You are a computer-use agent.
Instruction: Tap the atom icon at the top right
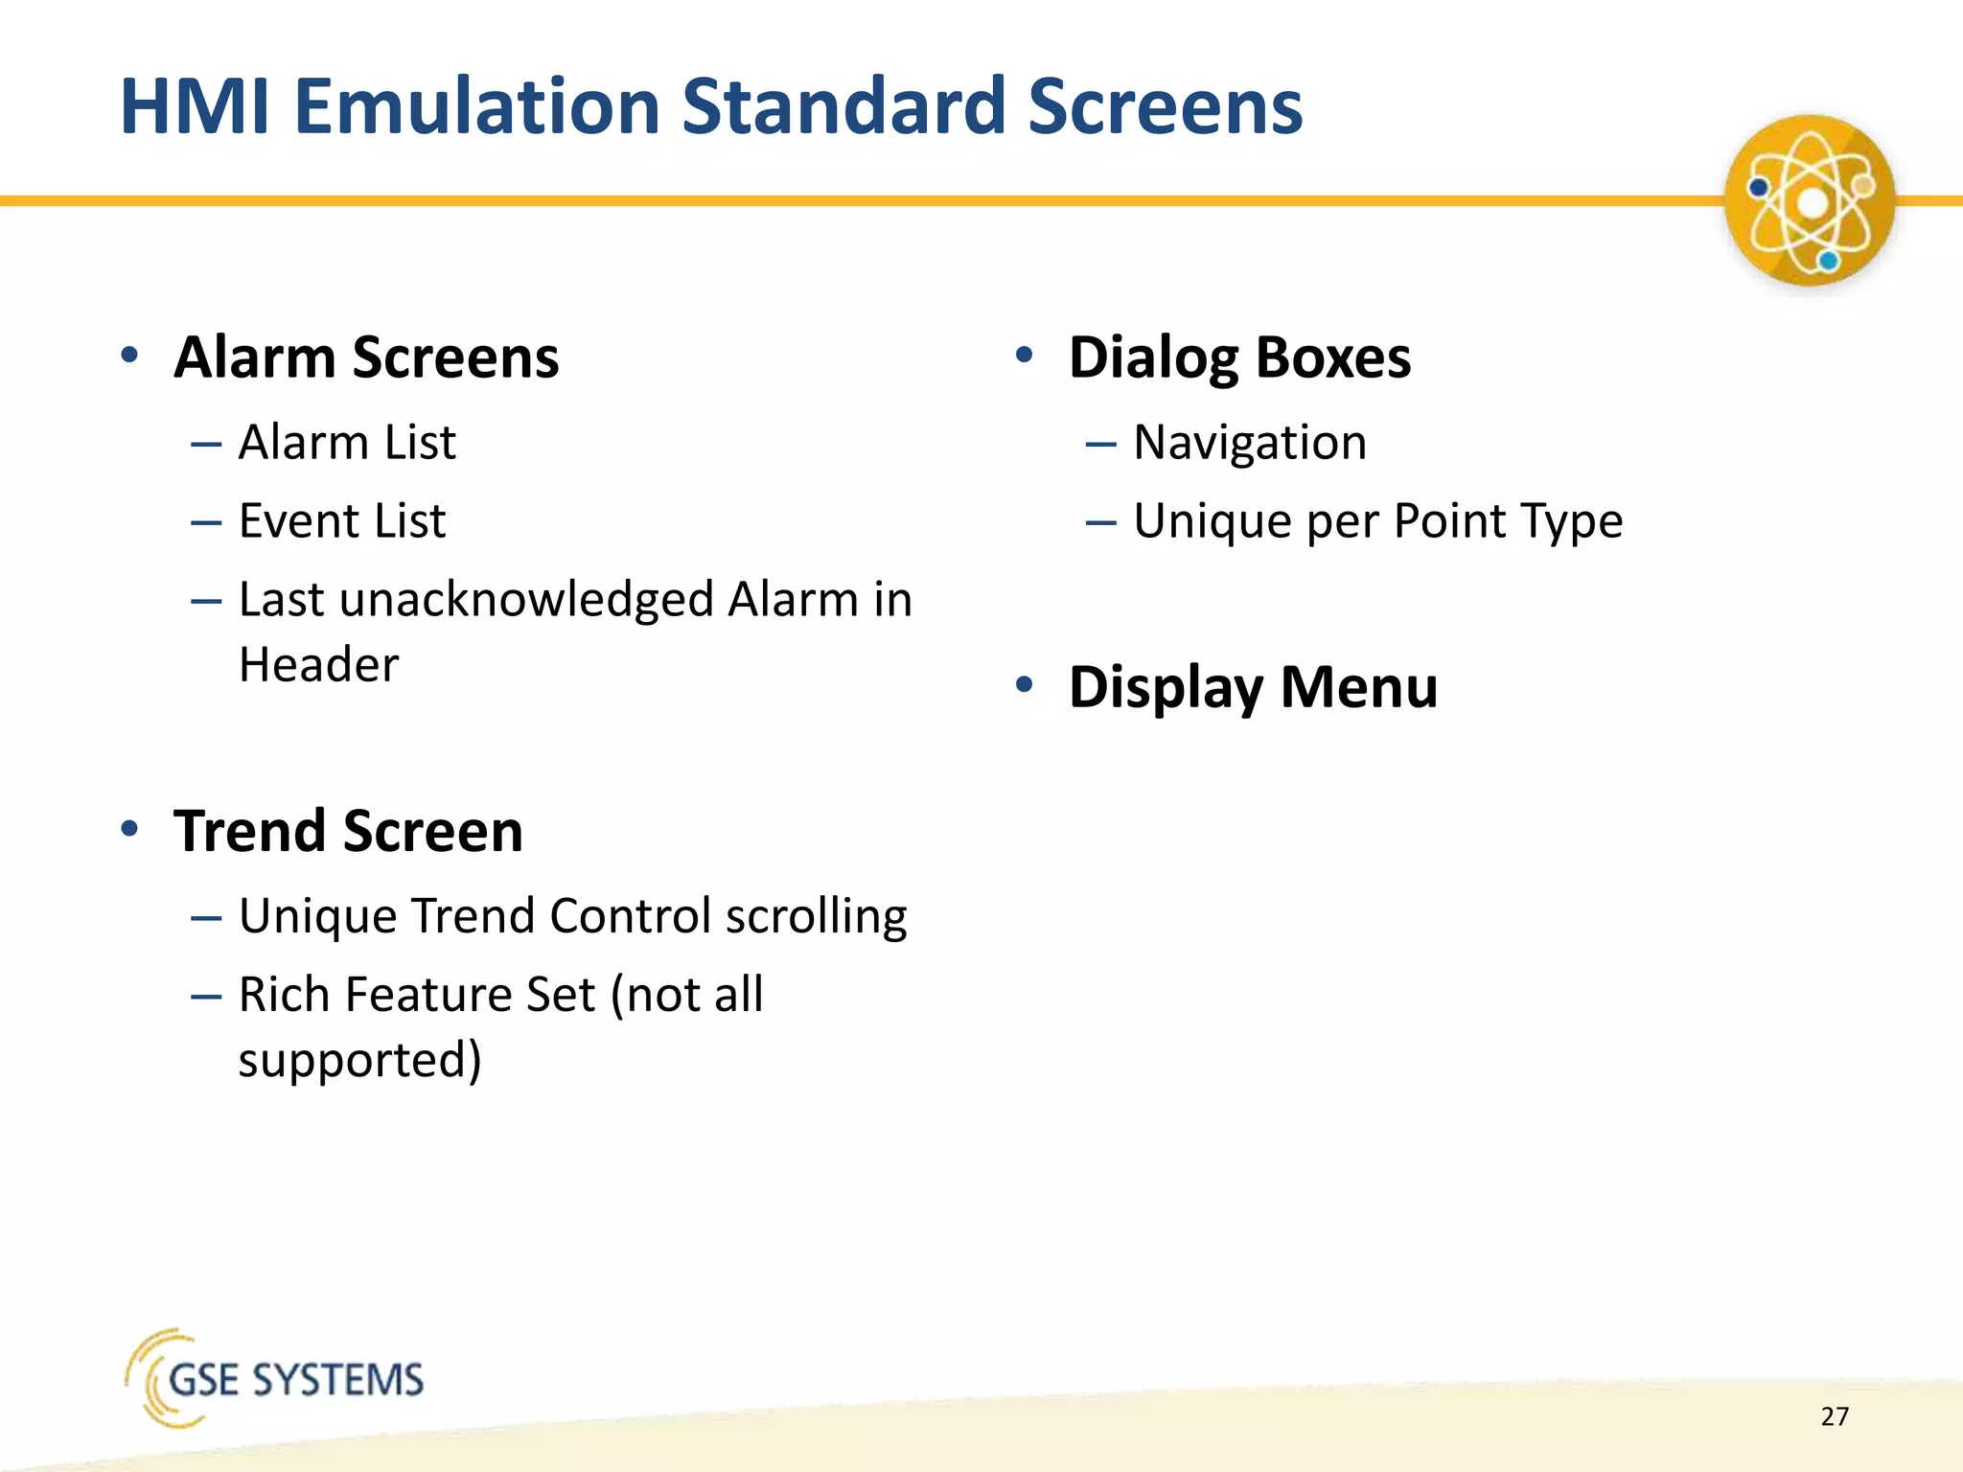coord(1809,201)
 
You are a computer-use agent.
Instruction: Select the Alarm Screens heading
coord(366,357)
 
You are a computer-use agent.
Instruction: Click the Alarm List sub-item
coord(347,443)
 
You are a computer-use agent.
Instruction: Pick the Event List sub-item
coord(342,521)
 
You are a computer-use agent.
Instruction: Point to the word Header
coord(318,665)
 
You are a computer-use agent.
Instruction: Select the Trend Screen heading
coord(348,831)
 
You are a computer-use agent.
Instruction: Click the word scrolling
coord(816,916)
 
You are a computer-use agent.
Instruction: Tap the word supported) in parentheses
coord(359,1060)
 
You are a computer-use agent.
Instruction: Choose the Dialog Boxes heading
coord(1239,357)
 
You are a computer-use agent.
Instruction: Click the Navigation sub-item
coord(1250,443)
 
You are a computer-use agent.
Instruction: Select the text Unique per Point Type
coord(1377,521)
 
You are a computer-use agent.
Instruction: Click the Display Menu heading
coord(1253,687)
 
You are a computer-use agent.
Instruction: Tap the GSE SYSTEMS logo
coord(275,1378)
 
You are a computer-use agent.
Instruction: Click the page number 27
coord(1835,1416)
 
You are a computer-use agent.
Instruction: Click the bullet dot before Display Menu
coord(1025,684)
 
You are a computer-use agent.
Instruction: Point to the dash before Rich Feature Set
coord(206,997)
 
